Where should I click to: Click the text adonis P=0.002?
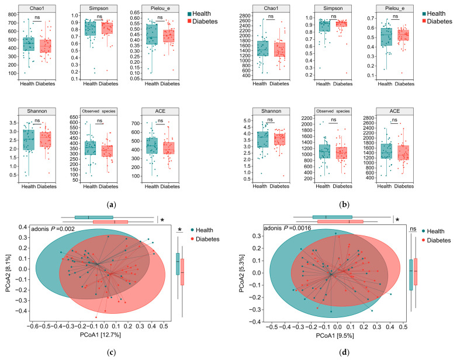tap(53, 229)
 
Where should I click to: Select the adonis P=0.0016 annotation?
tap(288, 228)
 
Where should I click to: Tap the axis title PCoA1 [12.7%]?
tap(101, 335)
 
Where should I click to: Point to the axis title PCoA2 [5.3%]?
tap(241, 273)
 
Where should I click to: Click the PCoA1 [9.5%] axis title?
tap(335, 336)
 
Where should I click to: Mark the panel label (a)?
tap(112, 205)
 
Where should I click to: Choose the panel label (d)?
tap(344, 353)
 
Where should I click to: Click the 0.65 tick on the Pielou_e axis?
tap(135, 12)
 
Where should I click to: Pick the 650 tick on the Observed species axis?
tap(74, 117)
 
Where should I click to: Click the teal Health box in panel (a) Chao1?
tap(29, 44)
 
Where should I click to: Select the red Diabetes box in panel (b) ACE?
tap(403, 153)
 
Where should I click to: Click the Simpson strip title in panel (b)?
tap(333, 8)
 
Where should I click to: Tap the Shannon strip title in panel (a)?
tap(37, 112)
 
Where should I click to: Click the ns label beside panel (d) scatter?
tap(413, 229)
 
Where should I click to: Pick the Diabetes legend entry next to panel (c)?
tap(205, 240)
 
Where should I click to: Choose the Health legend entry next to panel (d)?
tap(433, 231)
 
